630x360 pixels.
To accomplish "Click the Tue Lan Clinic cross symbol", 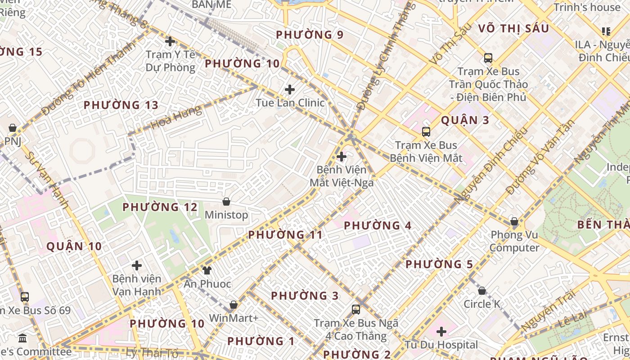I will (290, 89).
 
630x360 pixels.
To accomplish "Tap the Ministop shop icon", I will (226, 202).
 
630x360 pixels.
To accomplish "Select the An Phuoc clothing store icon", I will (207, 270).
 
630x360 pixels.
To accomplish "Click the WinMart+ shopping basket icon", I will (234, 305).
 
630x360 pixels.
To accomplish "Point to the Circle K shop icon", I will (482, 291).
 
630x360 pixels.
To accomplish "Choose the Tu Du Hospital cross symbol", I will (441, 332).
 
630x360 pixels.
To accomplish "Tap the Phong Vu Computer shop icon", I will (514, 221).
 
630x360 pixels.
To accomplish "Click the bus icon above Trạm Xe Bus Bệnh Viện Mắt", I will (426, 132).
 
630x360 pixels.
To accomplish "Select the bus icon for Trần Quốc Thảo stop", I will (488, 58).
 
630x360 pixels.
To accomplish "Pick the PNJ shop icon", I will (13, 128).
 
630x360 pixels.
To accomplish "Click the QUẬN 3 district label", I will (465, 120).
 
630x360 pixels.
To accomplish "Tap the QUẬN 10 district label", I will (74, 246).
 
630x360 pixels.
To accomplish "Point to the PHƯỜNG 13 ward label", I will (121, 105).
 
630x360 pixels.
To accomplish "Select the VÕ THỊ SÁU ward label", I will (513, 28).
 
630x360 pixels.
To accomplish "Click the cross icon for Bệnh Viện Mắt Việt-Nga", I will (342, 157).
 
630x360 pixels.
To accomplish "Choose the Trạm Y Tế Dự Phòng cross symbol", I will (170, 41).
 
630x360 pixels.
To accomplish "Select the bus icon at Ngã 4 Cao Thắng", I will (356, 310).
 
